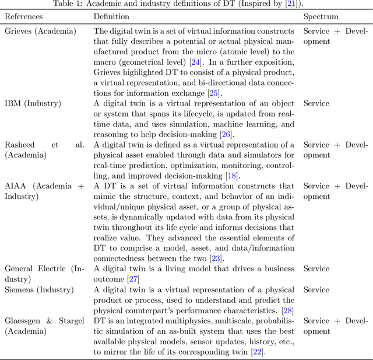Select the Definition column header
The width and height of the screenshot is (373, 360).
(112, 16)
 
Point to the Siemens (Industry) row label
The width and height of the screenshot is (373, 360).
(39, 289)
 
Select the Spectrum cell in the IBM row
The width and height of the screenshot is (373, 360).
(316, 103)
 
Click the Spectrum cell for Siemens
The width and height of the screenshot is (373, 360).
(316, 289)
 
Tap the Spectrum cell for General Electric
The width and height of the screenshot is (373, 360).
(316, 269)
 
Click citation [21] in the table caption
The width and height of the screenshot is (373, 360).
(291, 4)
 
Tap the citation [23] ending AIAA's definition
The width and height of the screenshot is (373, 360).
(217, 258)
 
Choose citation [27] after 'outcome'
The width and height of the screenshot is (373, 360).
(134, 279)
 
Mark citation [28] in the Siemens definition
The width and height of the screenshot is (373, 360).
(288, 310)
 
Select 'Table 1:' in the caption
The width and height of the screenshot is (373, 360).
(65, 4)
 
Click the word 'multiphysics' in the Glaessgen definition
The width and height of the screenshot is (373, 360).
(186, 321)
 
